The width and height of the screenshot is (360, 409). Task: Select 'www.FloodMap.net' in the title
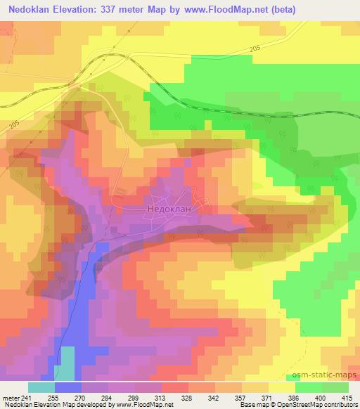pos(226,9)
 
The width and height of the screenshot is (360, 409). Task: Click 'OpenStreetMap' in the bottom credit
pos(307,405)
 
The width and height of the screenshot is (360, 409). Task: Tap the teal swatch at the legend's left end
pos(41,387)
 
